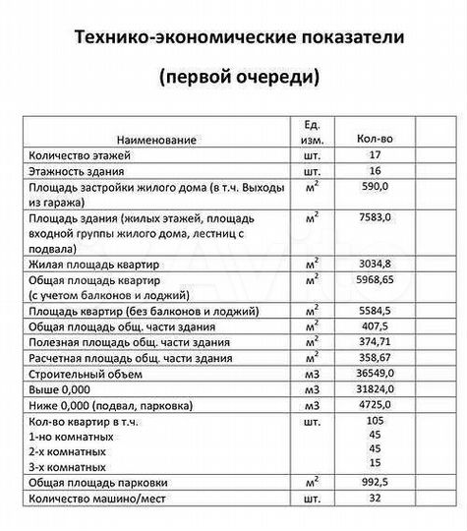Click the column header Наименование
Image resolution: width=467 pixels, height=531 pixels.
tap(158, 142)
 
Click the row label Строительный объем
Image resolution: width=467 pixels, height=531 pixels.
tap(86, 375)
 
